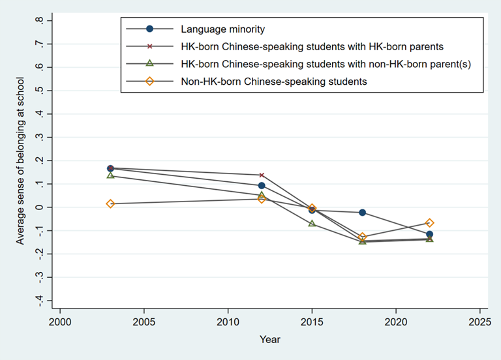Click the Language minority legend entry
tap(223, 29)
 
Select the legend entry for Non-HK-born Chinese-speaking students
tap(274, 82)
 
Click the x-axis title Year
tap(269, 339)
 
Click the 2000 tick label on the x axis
tap(60, 322)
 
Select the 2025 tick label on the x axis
tap(479, 322)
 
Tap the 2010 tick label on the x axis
tap(228, 322)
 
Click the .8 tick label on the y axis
tap(40, 21)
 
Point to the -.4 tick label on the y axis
tap(40, 300)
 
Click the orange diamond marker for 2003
tap(110, 203)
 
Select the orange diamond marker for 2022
tap(429, 223)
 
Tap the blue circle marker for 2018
tap(362, 213)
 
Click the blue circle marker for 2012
tap(262, 186)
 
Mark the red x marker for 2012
tap(262, 175)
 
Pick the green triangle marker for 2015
tap(312, 223)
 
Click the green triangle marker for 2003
tap(110, 175)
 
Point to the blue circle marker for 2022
tap(429, 234)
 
